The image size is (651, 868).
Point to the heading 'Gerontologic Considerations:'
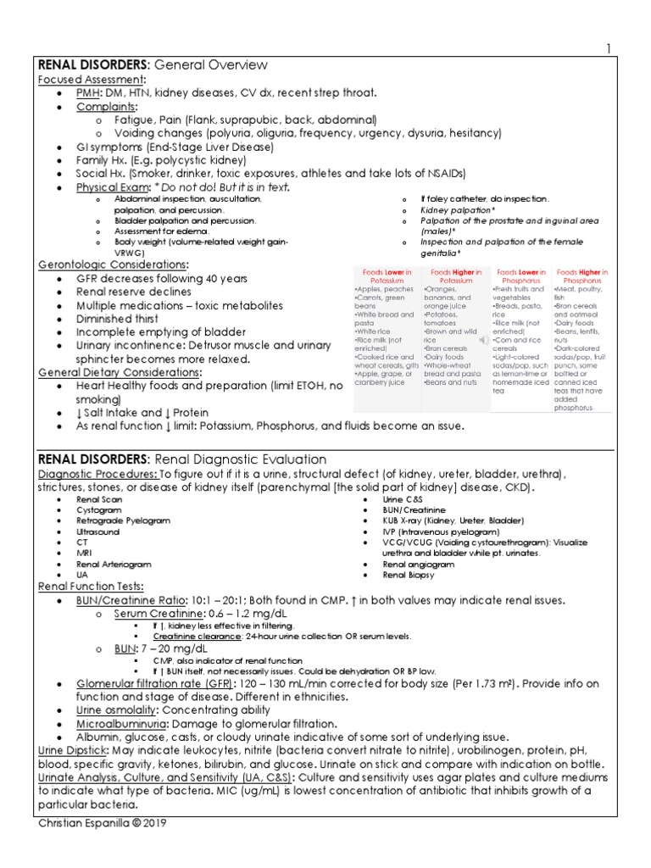pos(114,264)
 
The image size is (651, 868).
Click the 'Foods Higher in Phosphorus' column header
pos(581,277)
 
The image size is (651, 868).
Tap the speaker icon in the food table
pos(484,340)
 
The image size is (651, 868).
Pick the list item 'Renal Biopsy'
pos(409,574)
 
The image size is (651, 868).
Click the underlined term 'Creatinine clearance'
pos(192,635)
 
